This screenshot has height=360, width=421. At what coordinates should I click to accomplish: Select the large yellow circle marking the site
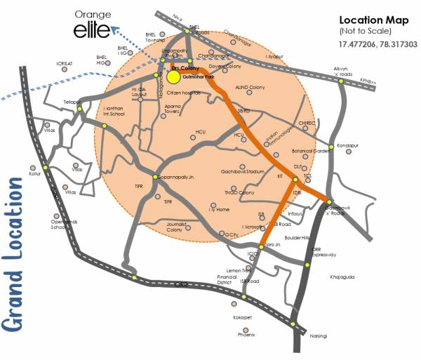173,75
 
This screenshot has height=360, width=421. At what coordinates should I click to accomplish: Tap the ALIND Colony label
249,86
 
